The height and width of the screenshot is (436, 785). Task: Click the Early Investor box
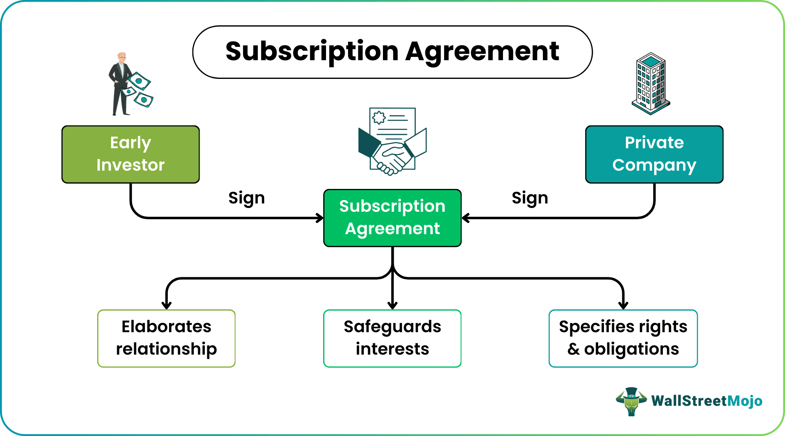coord(130,154)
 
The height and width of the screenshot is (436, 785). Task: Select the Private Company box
coord(654,154)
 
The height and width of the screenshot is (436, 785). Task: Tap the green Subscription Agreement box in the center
coord(392,218)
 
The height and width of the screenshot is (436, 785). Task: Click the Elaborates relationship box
coord(166,338)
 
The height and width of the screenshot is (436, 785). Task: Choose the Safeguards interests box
coord(392,338)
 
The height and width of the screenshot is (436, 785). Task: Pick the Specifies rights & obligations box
coord(623,338)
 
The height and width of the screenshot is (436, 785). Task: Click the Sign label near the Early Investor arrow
coord(246,198)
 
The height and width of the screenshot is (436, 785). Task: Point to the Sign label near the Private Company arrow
coord(530,198)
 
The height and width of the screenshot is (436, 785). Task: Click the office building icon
coord(651,84)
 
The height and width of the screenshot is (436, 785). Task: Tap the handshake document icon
coord(392,141)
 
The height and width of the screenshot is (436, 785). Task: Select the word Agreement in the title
coord(482,51)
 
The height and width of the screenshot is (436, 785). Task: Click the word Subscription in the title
coord(312,51)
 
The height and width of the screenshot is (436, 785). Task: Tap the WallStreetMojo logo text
coord(706,401)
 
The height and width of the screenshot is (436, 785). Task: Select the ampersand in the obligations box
coord(573,349)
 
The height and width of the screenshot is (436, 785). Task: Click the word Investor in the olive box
coord(130,165)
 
